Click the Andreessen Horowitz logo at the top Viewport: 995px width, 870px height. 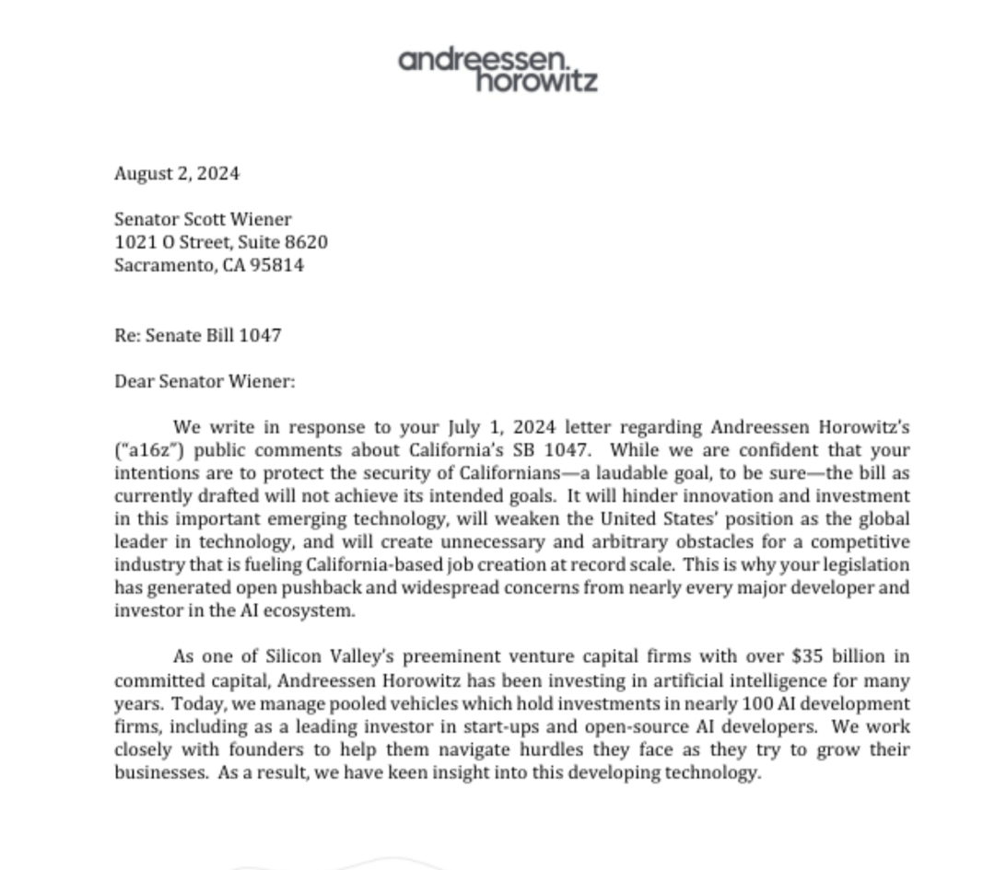point(498,70)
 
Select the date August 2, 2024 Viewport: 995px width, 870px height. point(177,173)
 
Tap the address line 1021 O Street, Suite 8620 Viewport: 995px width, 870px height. point(221,242)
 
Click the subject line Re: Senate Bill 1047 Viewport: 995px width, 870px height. point(198,335)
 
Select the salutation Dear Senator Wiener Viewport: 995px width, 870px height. point(205,381)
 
